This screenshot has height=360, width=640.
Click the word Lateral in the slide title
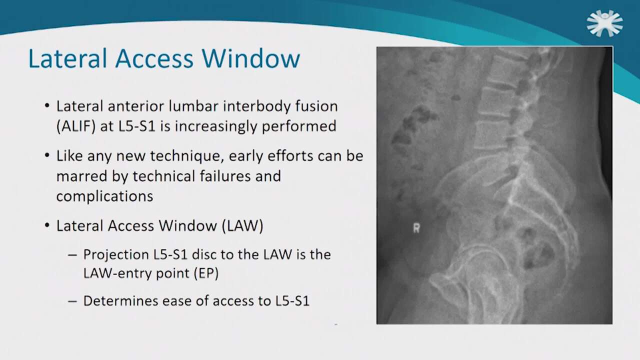click(x=68, y=58)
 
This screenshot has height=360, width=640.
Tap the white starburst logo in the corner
click(x=605, y=23)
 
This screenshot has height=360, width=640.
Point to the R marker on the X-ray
click(x=416, y=228)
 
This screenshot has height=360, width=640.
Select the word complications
click(x=105, y=196)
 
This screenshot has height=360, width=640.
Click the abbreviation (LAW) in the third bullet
click(x=242, y=225)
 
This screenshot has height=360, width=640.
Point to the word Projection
click(x=116, y=254)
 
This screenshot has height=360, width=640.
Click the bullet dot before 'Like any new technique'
click(x=47, y=155)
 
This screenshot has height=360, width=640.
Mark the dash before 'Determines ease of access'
click(x=72, y=301)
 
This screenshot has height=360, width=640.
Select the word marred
click(x=81, y=176)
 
